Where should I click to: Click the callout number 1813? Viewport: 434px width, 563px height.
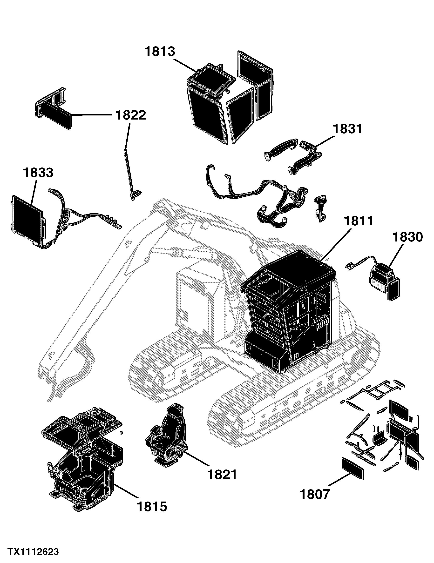point(160,51)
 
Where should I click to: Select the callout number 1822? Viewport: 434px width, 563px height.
point(131,115)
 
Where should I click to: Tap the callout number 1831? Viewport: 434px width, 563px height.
point(348,129)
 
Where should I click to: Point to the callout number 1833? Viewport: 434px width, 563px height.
point(38,173)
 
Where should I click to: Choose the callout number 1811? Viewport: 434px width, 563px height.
point(359,221)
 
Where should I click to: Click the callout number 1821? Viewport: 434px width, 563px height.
point(222,475)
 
